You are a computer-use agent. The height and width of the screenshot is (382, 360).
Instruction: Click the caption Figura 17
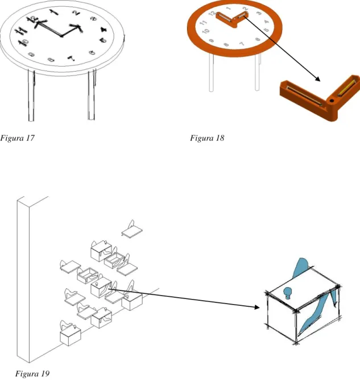tap(17, 138)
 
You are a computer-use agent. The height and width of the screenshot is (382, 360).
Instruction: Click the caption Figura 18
tap(207, 138)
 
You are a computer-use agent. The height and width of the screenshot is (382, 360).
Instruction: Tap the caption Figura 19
tap(32, 373)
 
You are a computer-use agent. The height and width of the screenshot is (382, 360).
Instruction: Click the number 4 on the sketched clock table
tap(104, 30)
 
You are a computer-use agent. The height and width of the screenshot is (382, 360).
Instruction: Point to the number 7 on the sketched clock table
tap(71, 58)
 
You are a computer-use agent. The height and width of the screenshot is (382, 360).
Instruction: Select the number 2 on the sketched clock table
tap(76, 13)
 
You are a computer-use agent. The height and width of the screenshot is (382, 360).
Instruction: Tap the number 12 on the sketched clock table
tap(33, 19)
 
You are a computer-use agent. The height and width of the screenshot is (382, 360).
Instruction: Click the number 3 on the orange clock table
tap(259, 13)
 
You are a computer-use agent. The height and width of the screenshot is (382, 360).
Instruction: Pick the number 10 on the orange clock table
tap(206, 31)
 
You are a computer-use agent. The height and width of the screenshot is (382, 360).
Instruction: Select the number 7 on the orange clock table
tap(242, 44)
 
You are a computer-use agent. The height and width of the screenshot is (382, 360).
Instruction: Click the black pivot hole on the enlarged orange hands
tap(332, 101)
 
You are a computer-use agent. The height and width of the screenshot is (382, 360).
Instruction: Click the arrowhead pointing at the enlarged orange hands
tap(317, 79)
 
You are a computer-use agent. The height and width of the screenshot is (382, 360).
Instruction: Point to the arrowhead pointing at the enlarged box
tap(256, 307)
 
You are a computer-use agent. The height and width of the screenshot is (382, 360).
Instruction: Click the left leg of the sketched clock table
tap(31, 95)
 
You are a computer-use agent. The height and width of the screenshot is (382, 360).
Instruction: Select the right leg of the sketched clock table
tap(92, 94)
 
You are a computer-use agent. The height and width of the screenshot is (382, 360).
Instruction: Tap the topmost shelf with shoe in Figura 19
tap(132, 229)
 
